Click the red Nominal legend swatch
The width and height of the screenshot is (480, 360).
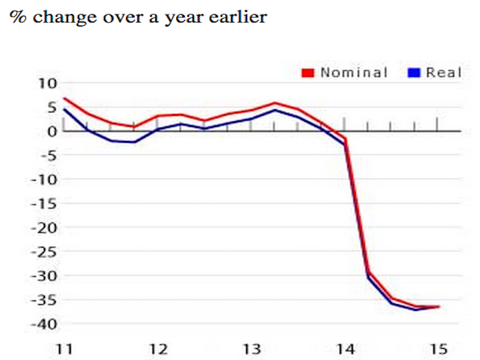(x=308, y=73)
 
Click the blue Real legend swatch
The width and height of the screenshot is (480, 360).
(x=414, y=73)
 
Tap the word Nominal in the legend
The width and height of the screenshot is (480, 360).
(x=354, y=73)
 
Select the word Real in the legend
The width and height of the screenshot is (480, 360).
(x=444, y=73)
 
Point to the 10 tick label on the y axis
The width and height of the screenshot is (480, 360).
(x=47, y=83)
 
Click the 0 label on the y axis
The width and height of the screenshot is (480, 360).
(x=52, y=131)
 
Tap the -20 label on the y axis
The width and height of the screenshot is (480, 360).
(x=44, y=228)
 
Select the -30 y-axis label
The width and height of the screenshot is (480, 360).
(x=44, y=276)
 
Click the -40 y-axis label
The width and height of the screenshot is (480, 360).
(x=44, y=325)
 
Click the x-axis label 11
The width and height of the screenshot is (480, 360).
(x=64, y=349)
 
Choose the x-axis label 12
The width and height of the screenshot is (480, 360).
(x=158, y=349)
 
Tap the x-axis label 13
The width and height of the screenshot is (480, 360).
(x=252, y=349)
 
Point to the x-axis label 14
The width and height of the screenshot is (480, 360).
(x=346, y=349)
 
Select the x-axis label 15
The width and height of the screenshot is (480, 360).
(x=439, y=349)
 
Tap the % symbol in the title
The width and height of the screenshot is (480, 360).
(x=18, y=17)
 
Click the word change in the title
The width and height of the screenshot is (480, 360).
(x=65, y=18)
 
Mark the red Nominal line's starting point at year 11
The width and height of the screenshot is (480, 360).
(x=64, y=98)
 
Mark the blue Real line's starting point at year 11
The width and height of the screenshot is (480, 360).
(x=64, y=109)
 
